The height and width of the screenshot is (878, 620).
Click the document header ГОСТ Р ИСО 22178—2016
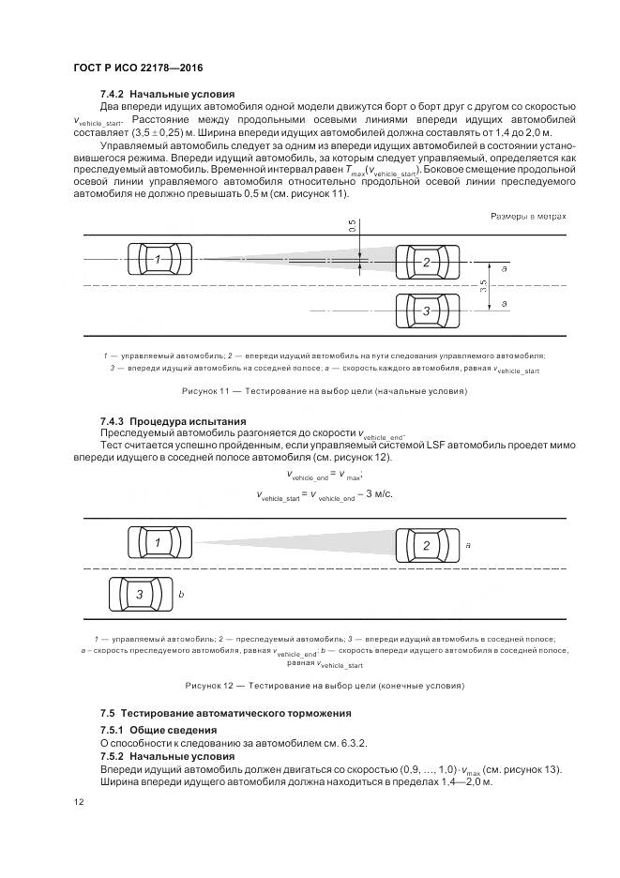pyautogui.click(x=138, y=68)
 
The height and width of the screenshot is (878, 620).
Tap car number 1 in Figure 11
pyautogui.click(x=159, y=259)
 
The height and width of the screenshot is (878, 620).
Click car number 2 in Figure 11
pyautogui.click(x=427, y=262)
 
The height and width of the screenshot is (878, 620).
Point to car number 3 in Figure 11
pyautogui.click(x=427, y=310)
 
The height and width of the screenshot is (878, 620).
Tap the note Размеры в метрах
pyautogui.click(x=528, y=217)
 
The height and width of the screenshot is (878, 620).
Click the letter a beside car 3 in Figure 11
pyautogui.click(x=505, y=304)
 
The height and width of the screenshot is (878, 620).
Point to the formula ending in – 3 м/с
pyautogui.click(x=325, y=493)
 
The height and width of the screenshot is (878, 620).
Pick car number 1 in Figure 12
pyautogui.click(x=159, y=543)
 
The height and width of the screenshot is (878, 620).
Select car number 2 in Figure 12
pyautogui.click(x=427, y=545)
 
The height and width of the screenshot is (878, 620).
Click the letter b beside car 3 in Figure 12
pyautogui.click(x=181, y=595)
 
